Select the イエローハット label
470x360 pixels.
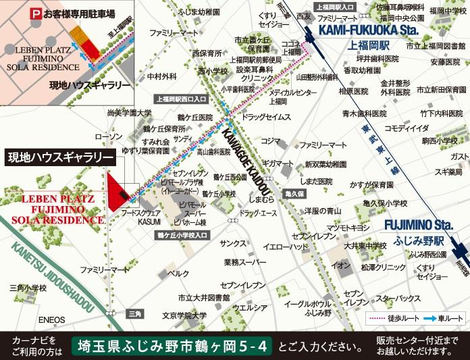pyautogui.click(x=282, y=247)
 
